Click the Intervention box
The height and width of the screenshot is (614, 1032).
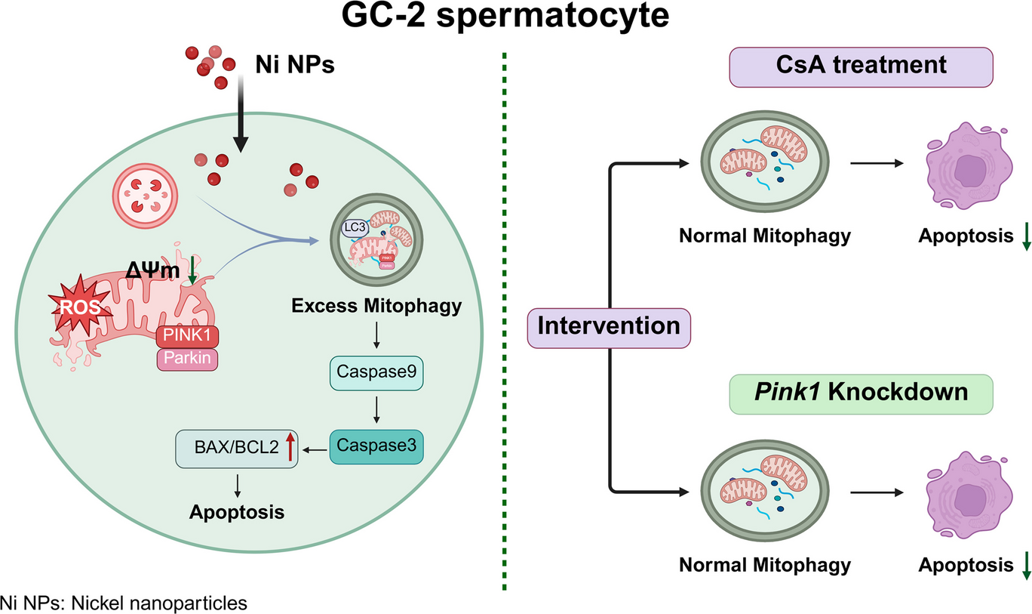pos(609,327)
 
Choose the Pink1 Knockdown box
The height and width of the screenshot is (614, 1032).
pos(860,393)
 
